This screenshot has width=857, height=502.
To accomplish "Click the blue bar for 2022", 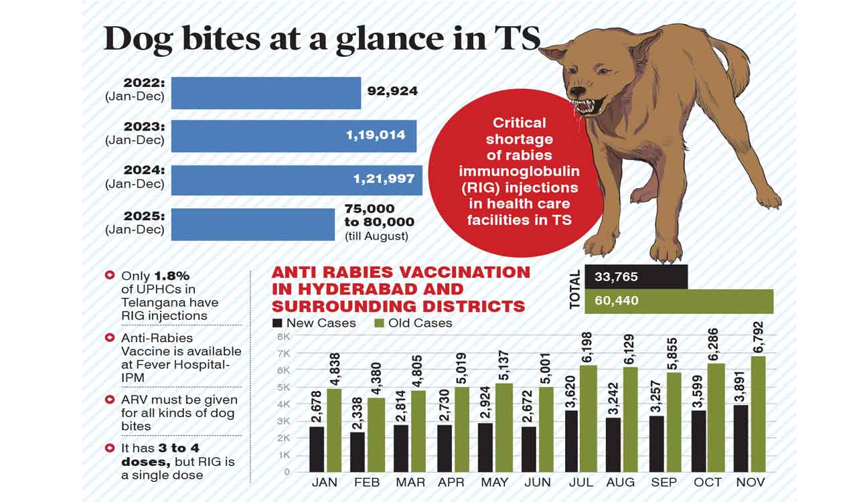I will tap(266, 93).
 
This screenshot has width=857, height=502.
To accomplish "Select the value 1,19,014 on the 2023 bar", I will tap(375, 135).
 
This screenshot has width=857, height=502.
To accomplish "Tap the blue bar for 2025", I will tap(252, 224).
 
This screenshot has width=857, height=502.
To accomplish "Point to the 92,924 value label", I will tap(392, 91).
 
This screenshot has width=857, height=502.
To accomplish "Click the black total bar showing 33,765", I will tap(635, 276).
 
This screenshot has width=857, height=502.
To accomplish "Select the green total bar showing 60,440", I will tap(678, 301).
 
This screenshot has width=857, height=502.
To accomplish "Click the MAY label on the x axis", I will tap(495, 483).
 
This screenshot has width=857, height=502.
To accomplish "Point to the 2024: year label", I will tap(144, 170).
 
